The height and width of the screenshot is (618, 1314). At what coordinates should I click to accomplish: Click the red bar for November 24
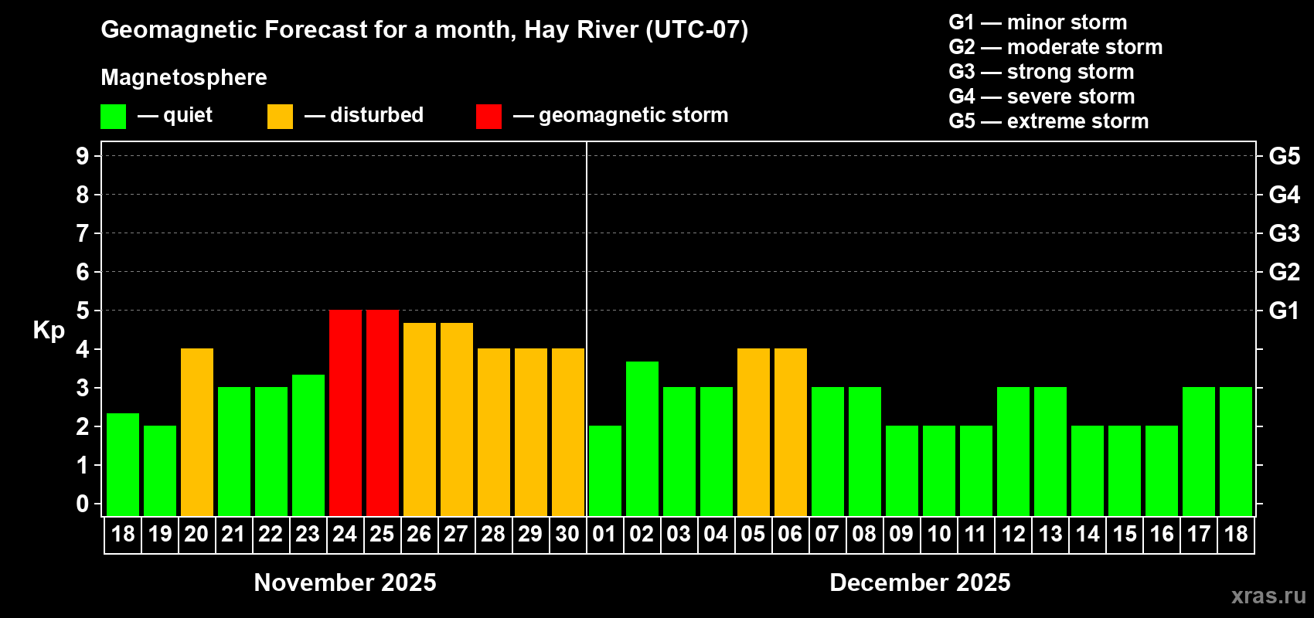click(x=345, y=413)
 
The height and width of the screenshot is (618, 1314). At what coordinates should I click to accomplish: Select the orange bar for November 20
click(x=197, y=432)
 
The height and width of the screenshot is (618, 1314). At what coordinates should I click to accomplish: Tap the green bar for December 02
click(x=642, y=438)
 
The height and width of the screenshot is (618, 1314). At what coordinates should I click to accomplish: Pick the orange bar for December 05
click(x=754, y=432)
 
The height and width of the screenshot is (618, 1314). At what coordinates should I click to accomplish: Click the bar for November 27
click(x=457, y=419)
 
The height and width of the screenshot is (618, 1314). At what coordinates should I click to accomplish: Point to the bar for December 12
click(x=1013, y=451)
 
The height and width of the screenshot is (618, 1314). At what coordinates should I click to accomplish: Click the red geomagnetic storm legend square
click(x=488, y=117)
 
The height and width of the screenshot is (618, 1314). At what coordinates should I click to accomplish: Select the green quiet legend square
click(x=113, y=117)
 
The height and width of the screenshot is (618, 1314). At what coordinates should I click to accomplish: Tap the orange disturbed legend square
click(x=280, y=117)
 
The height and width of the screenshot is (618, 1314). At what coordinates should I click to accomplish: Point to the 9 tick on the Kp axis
click(x=83, y=156)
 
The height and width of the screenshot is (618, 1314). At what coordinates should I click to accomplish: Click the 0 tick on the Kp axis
click(x=83, y=504)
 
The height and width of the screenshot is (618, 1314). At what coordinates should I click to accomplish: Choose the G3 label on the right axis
click(x=1284, y=233)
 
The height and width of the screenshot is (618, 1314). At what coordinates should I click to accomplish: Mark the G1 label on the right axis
click(x=1284, y=311)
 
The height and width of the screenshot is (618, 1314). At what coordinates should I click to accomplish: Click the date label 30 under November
click(x=567, y=535)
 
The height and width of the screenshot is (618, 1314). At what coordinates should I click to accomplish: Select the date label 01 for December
click(x=604, y=535)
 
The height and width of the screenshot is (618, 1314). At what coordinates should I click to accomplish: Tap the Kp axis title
click(x=49, y=331)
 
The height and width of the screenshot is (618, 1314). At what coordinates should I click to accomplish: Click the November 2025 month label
click(x=345, y=582)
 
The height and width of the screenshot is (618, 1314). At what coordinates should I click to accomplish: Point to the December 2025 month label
click(x=920, y=582)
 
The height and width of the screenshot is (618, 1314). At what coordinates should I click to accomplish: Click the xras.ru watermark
click(x=1268, y=596)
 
